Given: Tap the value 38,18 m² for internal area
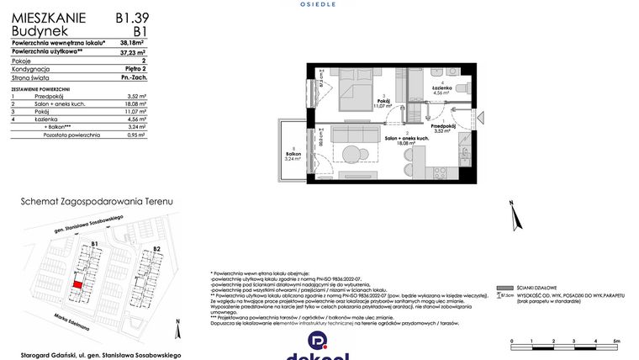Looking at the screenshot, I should click(132, 42).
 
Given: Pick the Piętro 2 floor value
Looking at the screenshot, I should click(134, 69).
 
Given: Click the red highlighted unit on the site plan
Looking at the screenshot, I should click(77, 285).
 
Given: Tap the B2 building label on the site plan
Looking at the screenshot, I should click(156, 250).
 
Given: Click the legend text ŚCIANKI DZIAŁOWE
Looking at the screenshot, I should click(529, 288).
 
